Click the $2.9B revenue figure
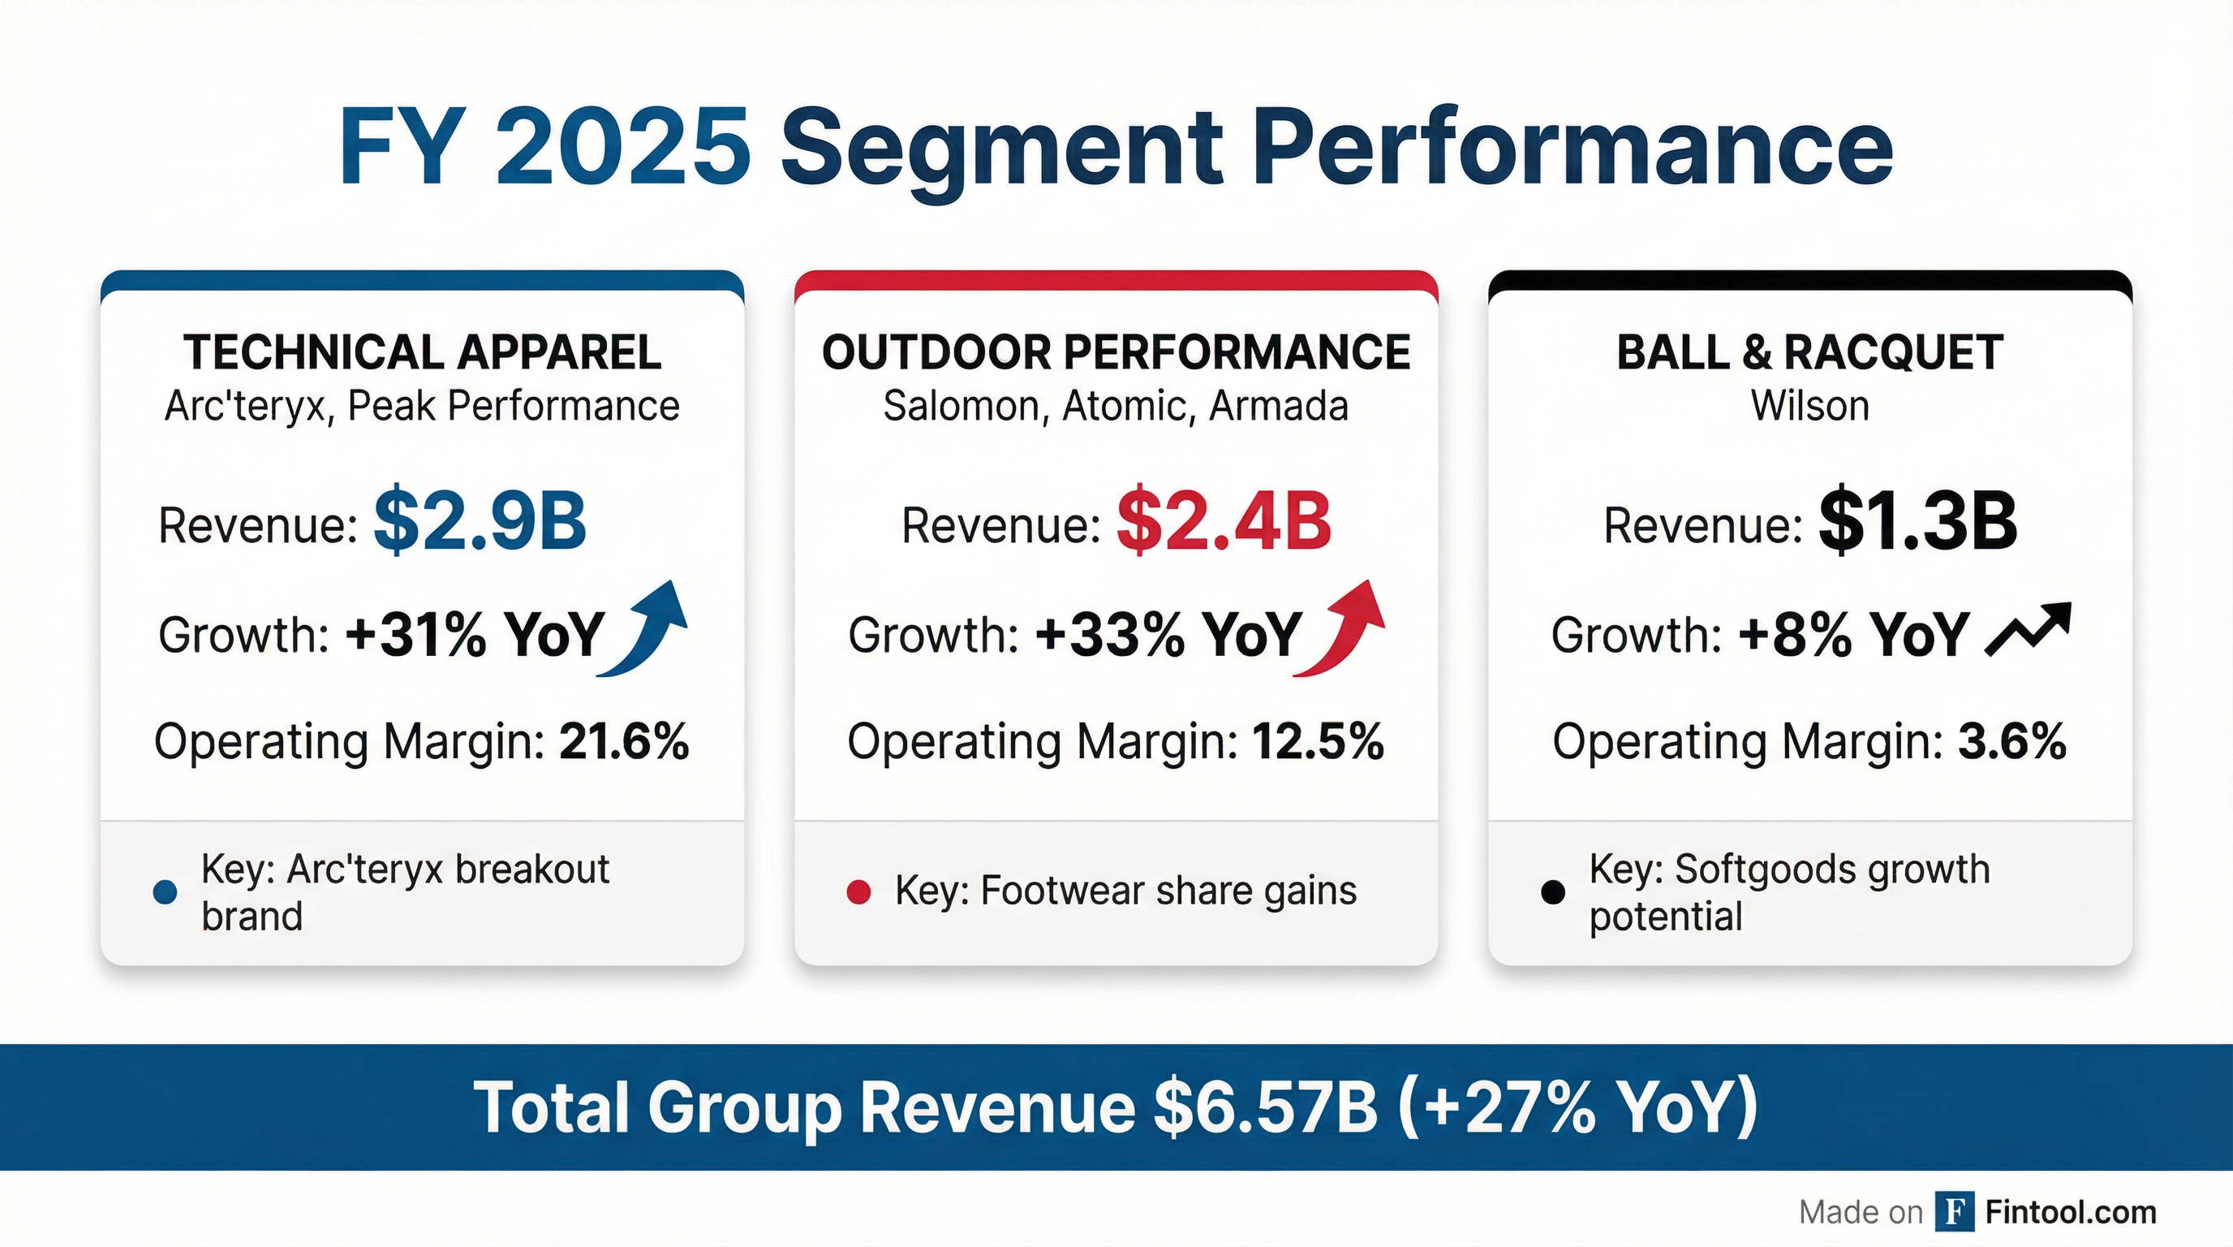click(480, 521)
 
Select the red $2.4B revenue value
click(1223, 521)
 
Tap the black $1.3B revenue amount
click(1917, 521)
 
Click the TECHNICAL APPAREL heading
click(422, 352)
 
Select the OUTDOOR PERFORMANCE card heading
click(1116, 352)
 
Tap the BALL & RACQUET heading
click(1810, 352)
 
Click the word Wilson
click(1810, 406)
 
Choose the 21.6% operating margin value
click(624, 742)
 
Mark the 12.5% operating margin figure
click(1318, 742)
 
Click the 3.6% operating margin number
click(2011, 742)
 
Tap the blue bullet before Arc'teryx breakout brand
click(165, 891)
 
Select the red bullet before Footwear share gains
click(858, 891)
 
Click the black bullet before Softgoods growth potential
click(1552, 891)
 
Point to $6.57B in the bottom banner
click(1266, 1107)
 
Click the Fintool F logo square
click(1955, 1211)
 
